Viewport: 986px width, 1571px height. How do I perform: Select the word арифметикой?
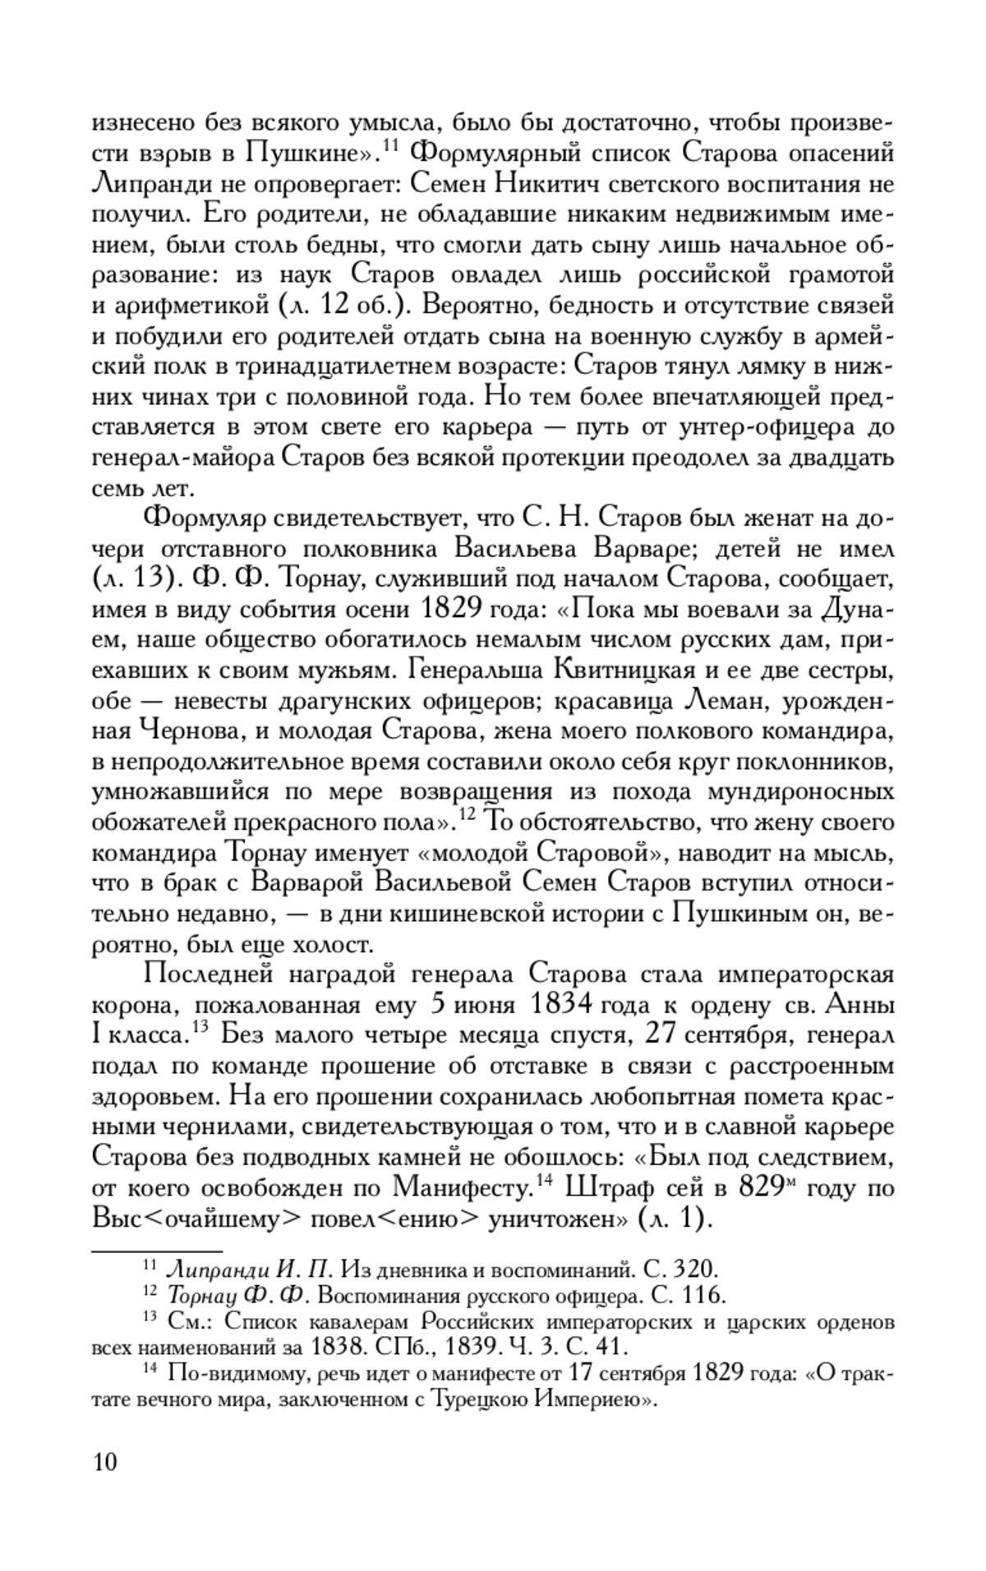point(180,306)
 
